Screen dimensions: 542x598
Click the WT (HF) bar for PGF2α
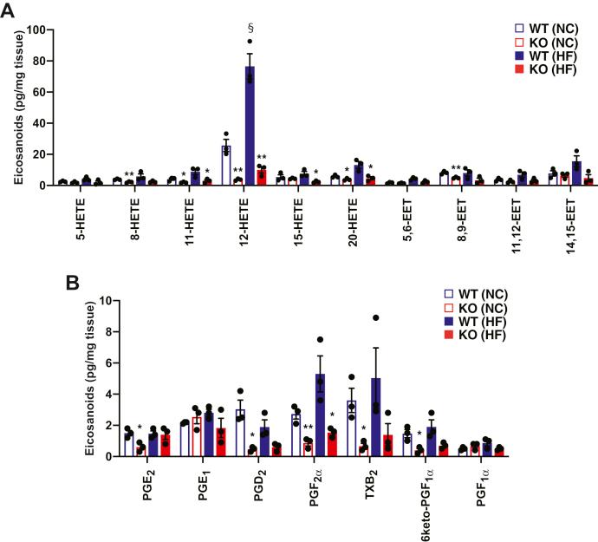(x=320, y=415)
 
